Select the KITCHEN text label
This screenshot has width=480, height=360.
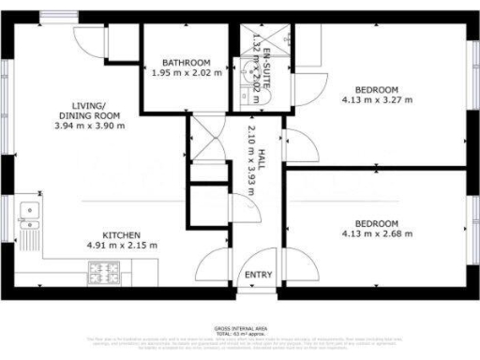pyautogui.click(x=122, y=234)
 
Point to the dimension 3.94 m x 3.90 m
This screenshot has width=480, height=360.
pyautogui.click(x=90, y=125)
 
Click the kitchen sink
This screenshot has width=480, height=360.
pyautogui.click(x=28, y=217)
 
